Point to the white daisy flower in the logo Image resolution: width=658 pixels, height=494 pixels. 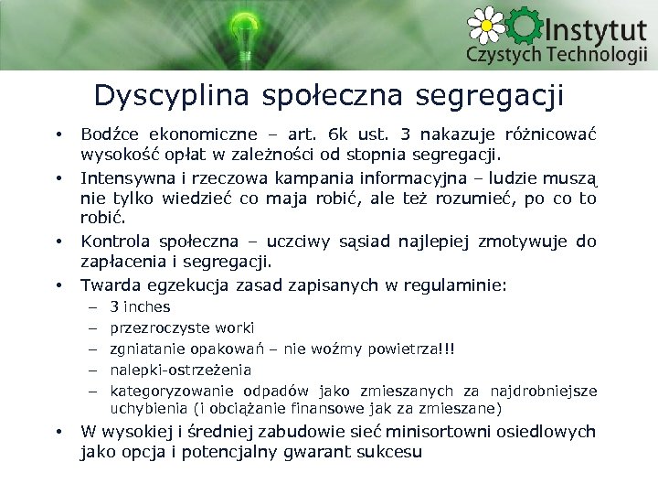(x=487, y=25)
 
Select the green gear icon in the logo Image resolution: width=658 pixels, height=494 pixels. (x=525, y=27)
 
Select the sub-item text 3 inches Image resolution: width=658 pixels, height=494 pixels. (x=140, y=307)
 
